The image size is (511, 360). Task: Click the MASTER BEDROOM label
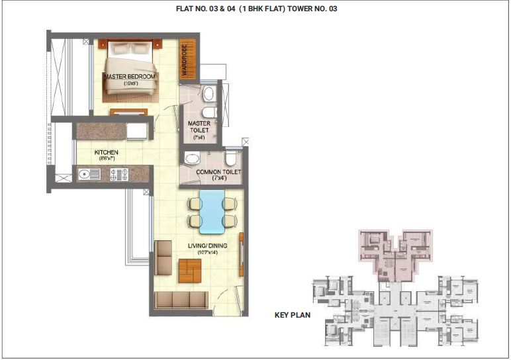[130, 77]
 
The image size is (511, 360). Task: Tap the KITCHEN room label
[106, 153]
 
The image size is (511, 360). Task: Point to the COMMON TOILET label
[218, 173]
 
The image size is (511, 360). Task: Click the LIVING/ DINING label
[207, 246]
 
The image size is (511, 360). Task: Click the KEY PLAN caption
[293, 315]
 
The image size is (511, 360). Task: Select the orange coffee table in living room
[189, 270]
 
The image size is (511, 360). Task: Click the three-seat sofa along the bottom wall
[181, 300]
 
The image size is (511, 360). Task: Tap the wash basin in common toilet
[192, 159]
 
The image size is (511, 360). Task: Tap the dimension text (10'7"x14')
[207, 253]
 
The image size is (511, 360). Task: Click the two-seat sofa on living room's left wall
[163, 257]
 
